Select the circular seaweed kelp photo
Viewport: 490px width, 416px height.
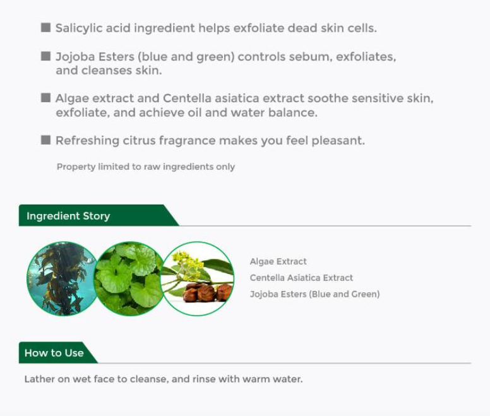(63, 278)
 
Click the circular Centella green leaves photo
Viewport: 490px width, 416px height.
(129, 278)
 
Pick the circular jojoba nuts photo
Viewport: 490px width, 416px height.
(198, 278)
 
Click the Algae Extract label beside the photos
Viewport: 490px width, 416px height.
(278, 261)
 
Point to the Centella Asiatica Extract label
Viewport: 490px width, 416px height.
(301, 278)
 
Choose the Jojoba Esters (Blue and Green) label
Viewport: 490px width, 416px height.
(314, 294)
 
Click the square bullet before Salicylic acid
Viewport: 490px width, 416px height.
(45, 28)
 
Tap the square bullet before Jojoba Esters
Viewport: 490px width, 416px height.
(45, 56)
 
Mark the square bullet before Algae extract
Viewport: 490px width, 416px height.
(45, 98)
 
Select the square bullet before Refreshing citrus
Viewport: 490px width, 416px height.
(45, 140)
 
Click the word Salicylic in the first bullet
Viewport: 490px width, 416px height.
(79, 28)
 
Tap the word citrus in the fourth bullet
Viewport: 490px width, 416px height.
(139, 141)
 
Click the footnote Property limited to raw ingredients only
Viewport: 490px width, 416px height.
(146, 167)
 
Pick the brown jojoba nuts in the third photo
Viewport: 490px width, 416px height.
(207, 292)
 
